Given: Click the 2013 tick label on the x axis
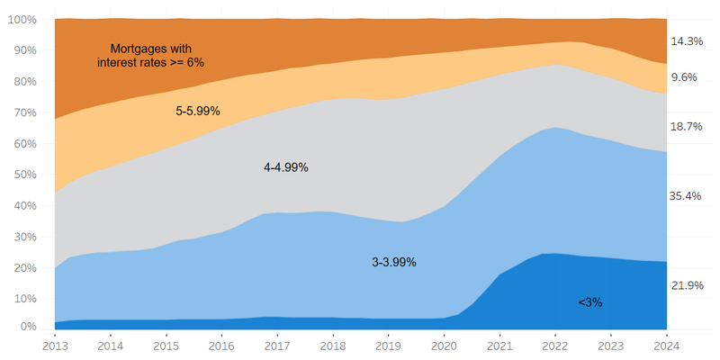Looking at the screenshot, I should point(55,345).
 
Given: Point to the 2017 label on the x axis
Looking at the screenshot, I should point(278,345).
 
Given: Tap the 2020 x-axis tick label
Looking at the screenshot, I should point(445,345).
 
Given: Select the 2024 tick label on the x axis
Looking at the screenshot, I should point(667,345).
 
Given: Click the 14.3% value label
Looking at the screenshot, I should point(687,41).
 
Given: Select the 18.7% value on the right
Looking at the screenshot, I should point(687,127).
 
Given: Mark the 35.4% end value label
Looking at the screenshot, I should point(687,194).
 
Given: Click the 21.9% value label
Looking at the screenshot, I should point(687,285).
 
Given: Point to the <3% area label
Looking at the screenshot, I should point(590,303).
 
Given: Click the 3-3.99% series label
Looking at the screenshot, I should point(394,263).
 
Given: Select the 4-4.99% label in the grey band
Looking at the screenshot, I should point(286,167).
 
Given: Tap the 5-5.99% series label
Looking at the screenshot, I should point(198,111).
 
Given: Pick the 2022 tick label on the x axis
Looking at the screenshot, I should point(556,345).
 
